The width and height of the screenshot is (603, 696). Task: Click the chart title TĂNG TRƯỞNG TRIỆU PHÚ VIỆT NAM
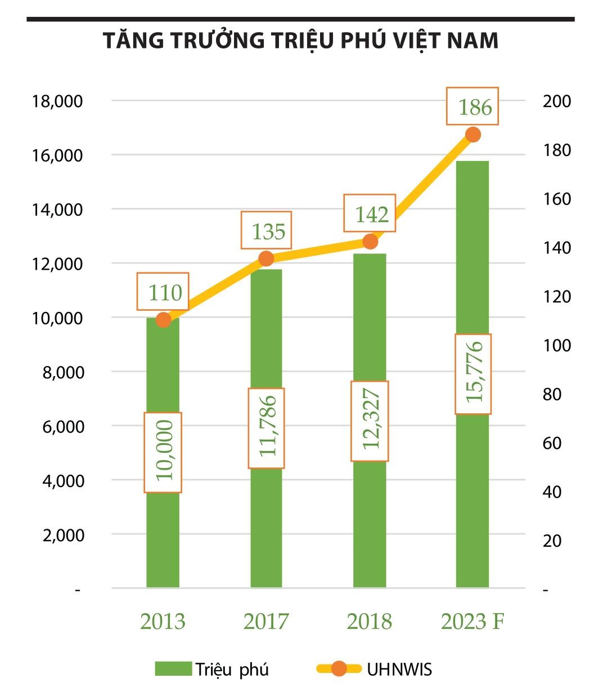(x=300, y=41)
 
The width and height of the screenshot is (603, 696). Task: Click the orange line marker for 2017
(x=266, y=258)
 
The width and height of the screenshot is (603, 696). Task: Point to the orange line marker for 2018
(x=370, y=242)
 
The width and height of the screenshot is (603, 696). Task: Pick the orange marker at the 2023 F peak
(x=472, y=135)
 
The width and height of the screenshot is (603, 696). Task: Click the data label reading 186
(x=472, y=106)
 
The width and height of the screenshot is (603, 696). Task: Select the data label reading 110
(x=163, y=292)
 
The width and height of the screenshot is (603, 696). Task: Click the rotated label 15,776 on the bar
(x=473, y=374)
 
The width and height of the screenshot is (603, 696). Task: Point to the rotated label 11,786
(x=266, y=428)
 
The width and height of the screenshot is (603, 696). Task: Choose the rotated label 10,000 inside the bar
(x=163, y=452)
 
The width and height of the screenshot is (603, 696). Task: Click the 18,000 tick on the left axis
(x=58, y=101)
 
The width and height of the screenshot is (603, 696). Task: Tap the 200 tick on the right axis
(x=556, y=101)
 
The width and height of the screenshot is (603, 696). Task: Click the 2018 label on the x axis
(x=370, y=622)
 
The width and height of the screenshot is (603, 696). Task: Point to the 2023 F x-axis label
(x=472, y=622)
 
